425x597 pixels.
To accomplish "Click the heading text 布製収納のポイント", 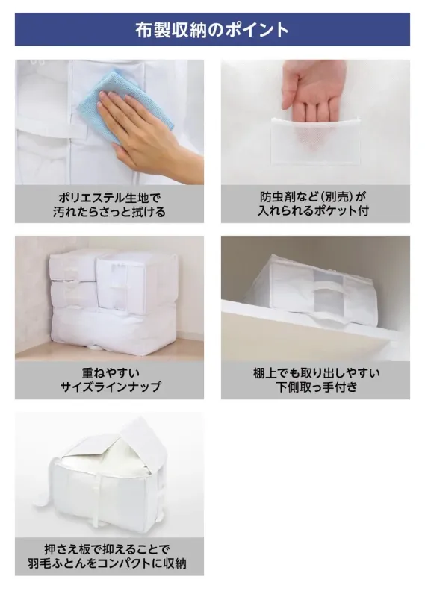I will (x=212, y=29).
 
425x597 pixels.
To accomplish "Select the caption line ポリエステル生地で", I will (x=109, y=197).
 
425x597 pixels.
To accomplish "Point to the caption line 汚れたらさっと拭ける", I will (x=109, y=211).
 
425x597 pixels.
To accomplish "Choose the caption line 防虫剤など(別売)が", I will (x=315, y=197).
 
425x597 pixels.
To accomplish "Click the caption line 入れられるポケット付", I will (x=315, y=211).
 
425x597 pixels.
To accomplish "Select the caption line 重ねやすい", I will (x=109, y=372).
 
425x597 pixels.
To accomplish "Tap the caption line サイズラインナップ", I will (x=109, y=387).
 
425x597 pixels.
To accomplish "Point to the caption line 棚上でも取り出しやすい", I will (x=315, y=372).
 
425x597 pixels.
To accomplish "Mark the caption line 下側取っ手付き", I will (x=315, y=387).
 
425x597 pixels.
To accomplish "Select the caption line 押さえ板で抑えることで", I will (x=109, y=548).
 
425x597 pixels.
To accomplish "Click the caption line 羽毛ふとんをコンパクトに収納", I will (x=109, y=563).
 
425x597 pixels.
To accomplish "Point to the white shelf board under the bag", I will (x=299, y=336).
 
